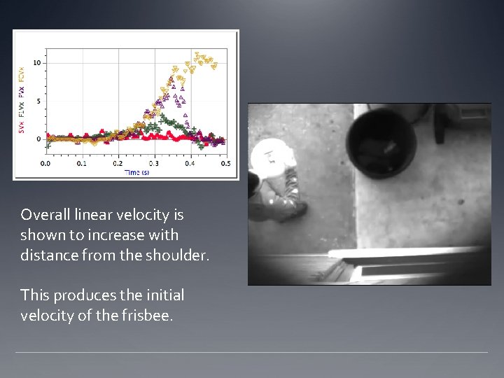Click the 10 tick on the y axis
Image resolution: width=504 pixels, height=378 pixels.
click(38, 63)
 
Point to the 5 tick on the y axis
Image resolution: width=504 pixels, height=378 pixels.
click(39, 101)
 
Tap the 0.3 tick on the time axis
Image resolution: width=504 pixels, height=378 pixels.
click(153, 164)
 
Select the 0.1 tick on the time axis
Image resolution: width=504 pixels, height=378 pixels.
click(81, 164)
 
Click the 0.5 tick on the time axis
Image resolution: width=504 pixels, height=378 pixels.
click(225, 164)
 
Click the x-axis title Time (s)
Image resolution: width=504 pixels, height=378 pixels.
click(136, 172)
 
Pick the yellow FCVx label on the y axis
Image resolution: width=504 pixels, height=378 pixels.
click(21, 73)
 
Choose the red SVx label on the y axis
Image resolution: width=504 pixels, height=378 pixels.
click(21, 125)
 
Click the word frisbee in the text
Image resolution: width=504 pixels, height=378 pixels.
click(148, 316)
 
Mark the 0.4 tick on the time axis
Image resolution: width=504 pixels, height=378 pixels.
click(189, 164)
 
